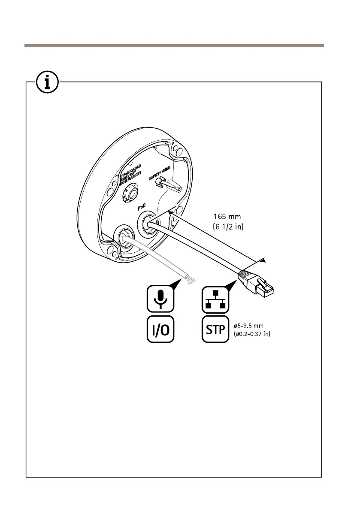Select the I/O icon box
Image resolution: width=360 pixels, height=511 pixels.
click(160, 329)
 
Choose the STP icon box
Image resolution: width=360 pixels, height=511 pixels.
click(216, 329)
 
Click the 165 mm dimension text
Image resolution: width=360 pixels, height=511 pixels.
click(227, 217)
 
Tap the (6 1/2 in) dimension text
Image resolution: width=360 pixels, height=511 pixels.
click(228, 226)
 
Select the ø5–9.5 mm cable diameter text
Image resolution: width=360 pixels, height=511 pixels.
click(252, 325)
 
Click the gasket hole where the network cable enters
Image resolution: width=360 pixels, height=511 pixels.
click(146, 224)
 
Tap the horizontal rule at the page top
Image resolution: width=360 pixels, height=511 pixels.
click(174, 45)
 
